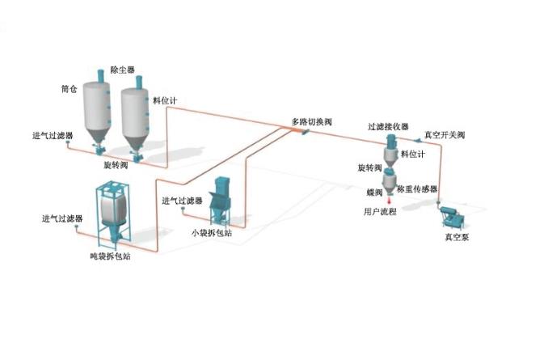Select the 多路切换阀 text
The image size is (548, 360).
[311, 122]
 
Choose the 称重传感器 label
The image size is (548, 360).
[417, 188]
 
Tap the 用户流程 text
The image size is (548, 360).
[381, 211]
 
